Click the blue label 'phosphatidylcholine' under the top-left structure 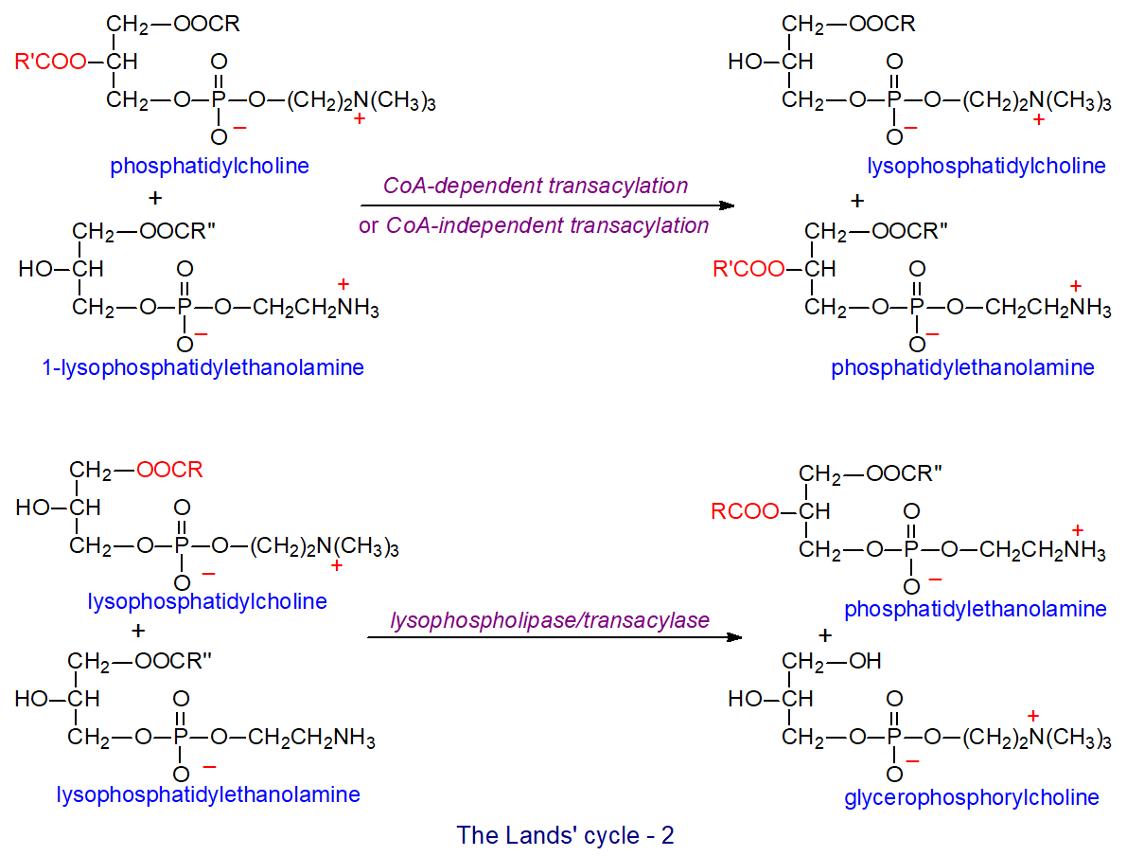point(209,167)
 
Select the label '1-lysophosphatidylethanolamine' point(202,368)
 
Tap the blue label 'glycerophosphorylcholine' point(972,797)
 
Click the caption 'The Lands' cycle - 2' point(565,836)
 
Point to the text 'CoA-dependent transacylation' point(536,186)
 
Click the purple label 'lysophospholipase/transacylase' point(550,620)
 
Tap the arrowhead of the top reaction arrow point(728,205)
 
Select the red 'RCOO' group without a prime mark point(744,512)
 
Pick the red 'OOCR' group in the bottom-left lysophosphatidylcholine point(169,471)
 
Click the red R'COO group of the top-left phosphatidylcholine point(49,63)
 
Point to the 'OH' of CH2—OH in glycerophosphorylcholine point(865,660)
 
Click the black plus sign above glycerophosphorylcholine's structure point(825,634)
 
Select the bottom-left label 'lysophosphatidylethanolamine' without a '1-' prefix point(208,794)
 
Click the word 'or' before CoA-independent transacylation point(368,226)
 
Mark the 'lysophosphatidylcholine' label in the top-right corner point(986,167)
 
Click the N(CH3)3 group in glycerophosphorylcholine point(1069,739)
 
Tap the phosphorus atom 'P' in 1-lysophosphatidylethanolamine point(185,308)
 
